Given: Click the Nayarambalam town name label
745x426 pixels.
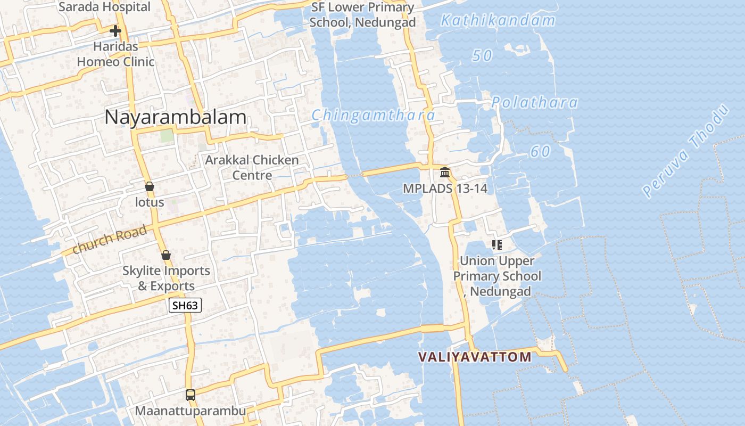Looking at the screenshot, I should [175, 117].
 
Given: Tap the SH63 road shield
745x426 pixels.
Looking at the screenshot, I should [185, 305].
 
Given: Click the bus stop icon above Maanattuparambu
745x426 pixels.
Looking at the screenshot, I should [190, 395].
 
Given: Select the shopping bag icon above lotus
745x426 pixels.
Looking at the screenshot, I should [150, 186].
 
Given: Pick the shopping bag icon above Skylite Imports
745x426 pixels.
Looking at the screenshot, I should [165, 255].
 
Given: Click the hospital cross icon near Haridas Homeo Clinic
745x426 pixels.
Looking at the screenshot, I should [115, 30].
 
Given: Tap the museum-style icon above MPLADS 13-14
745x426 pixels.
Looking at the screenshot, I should [445, 173].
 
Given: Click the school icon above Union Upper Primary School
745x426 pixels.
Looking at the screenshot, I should [497, 245].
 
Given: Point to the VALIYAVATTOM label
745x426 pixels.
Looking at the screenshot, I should [475, 357].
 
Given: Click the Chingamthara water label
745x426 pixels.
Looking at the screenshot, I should [373, 115].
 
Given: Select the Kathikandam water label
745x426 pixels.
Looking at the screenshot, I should [498, 21].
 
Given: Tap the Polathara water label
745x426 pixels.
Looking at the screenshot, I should [534, 102].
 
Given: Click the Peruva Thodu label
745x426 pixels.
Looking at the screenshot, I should [685, 151].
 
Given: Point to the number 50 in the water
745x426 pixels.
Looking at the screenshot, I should [482, 55].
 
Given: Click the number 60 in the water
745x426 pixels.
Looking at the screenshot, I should [540, 152].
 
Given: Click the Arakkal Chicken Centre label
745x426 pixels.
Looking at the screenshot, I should [252, 167].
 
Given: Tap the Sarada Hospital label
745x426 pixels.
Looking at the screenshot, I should [104, 7].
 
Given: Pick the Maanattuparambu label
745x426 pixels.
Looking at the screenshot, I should [190, 411].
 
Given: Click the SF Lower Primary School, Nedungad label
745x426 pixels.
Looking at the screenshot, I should [362, 15].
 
